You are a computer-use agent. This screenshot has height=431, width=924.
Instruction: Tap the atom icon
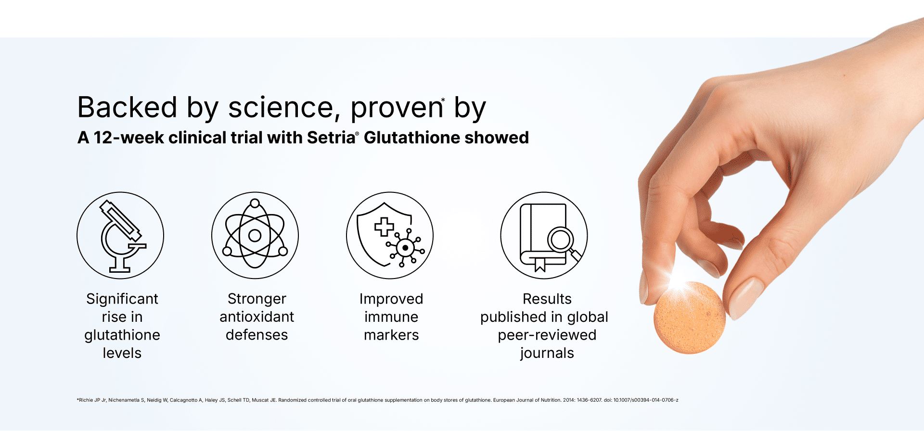click(255, 236)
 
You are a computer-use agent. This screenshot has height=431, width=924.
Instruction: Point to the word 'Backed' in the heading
click(127, 107)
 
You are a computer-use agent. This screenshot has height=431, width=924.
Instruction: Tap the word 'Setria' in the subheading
click(331, 138)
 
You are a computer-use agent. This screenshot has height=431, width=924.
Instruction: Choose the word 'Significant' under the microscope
click(122, 299)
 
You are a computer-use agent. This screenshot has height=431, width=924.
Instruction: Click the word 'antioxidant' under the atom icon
click(257, 317)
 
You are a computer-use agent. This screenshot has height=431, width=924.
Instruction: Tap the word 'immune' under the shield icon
click(391, 317)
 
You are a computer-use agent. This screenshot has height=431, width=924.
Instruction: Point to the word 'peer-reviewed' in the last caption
click(547, 335)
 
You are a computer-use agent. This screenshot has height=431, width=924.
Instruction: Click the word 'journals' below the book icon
click(547, 354)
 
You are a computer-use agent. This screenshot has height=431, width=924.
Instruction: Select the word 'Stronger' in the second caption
click(257, 299)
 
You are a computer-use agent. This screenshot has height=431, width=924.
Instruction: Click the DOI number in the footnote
click(646, 400)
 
